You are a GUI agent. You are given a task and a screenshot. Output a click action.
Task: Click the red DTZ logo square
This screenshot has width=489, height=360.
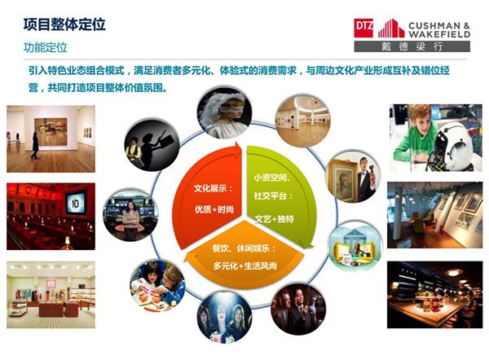click(x=363, y=28)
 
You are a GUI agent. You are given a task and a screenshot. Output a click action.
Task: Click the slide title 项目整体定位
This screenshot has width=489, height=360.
click(x=64, y=24)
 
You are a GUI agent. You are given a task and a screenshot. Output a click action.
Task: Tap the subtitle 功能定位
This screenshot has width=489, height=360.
click(x=45, y=47)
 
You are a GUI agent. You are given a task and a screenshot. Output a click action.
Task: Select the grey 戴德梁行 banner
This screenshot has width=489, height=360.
click(x=412, y=46)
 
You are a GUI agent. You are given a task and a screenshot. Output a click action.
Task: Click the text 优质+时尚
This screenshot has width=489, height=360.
click(x=214, y=209)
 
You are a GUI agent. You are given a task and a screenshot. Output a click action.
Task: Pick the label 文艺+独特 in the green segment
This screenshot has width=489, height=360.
click(x=275, y=219)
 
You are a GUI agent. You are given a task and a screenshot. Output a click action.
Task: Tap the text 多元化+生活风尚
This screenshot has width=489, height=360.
click(x=245, y=266)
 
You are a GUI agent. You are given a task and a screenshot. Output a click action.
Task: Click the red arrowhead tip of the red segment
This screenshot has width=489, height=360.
click(x=241, y=147)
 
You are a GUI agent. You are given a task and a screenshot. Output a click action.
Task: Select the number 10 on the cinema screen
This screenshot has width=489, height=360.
click(x=75, y=204)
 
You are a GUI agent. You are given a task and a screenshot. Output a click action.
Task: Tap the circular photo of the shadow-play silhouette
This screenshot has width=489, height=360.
click(x=152, y=145)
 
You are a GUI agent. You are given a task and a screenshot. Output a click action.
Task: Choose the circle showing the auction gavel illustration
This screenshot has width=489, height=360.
click(x=355, y=246)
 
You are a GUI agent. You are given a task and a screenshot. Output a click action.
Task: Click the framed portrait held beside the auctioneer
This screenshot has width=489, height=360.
click(x=343, y=180)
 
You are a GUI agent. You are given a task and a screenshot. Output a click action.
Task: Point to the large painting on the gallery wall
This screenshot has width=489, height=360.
click(x=51, y=131)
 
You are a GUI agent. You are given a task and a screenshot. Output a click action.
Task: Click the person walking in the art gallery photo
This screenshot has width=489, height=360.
click(x=35, y=146)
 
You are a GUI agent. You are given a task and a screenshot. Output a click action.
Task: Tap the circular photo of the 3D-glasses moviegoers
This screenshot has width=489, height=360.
click(x=224, y=318)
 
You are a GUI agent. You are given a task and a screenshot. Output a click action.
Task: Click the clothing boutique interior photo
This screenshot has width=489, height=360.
click(x=51, y=295)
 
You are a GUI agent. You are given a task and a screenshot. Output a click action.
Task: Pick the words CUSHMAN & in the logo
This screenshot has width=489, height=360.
click(x=438, y=25)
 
